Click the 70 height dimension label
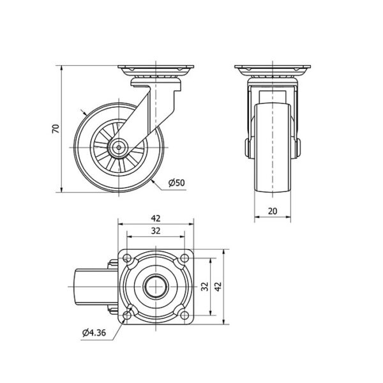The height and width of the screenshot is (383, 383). pyautogui.click(x=56, y=129)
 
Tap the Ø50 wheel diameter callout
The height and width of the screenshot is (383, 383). pyautogui.click(x=177, y=183)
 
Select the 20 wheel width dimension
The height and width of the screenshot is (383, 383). pyautogui.click(x=273, y=211)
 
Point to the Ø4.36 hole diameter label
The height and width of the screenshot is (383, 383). pyautogui.click(x=94, y=333)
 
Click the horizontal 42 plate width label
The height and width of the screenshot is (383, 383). pyautogui.click(x=156, y=218)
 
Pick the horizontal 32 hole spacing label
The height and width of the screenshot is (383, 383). pyautogui.click(x=156, y=230)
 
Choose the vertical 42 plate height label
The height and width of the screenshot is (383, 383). pyautogui.click(x=218, y=286)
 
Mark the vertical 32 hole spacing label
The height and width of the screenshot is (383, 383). pyautogui.click(x=205, y=286)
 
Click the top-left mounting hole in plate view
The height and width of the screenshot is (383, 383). pyautogui.click(x=127, y=258)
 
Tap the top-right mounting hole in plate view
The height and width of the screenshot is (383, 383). pyautogui.click(x=185, y=258)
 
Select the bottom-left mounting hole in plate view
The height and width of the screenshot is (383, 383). pyautogui.click(x=127, y=315)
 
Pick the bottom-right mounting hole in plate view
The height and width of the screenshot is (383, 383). pyautogui.click(x=185, y=315)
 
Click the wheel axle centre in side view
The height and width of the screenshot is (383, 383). pyautogui.click(x=119, y=147)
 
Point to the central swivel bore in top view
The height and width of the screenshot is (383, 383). pyautogui.click(x=156, y=287)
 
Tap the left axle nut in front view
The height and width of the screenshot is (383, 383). pyautogui.click(x=247, y=148)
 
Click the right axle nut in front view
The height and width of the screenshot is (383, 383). pyautogui.click(x=298, y=148)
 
